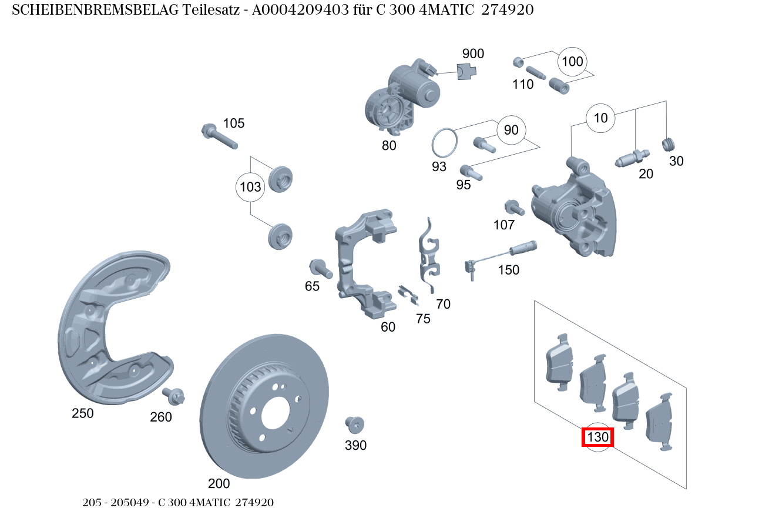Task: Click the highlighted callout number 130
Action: (597, 437)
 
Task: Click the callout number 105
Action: (233, 123)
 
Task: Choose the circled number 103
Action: (250, 188)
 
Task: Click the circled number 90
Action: (511, 130)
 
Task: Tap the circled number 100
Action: (572, 62)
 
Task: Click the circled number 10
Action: (600, 118)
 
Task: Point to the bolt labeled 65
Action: (320, 268)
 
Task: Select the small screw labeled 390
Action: (355, 423)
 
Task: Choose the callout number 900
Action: (473, 54)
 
